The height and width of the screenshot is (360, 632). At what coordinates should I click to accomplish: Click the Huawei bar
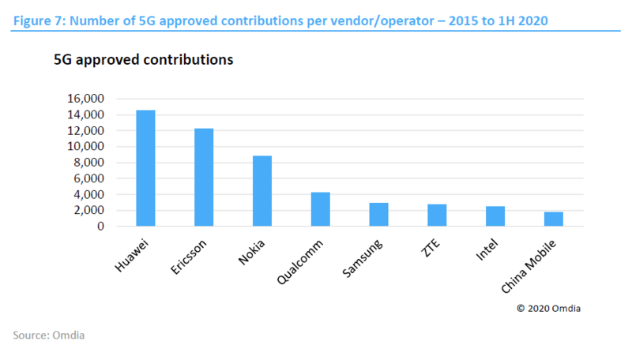145,168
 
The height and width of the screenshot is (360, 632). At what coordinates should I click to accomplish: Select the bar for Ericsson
204,178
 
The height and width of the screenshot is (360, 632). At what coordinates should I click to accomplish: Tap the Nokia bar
262,191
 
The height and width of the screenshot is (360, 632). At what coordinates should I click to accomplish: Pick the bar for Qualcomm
320,209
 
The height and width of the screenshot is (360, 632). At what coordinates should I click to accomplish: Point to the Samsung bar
378,215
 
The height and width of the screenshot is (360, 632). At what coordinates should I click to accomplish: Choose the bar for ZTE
437,216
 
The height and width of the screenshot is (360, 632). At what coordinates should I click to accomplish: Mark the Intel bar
495,216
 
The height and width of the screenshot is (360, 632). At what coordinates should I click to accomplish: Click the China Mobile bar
554,219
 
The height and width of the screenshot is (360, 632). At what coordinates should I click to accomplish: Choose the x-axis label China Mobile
534,261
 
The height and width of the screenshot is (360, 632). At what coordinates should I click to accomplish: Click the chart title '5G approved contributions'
143,60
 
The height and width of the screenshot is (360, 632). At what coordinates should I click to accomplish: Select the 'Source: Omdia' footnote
48,336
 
